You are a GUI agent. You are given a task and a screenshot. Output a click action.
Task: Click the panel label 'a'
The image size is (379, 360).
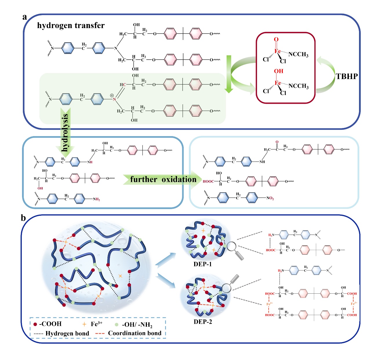25,17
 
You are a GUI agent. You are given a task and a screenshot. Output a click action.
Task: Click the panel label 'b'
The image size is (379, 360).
23,218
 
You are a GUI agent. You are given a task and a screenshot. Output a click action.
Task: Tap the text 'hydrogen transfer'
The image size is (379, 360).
71,25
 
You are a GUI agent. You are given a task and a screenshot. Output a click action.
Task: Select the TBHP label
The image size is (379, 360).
347,76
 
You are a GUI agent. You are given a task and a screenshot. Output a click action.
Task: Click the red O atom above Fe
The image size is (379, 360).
276,39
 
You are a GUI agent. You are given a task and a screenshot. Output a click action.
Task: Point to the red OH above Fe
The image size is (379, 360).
278,71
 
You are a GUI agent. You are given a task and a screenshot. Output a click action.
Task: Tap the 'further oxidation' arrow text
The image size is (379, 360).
163,180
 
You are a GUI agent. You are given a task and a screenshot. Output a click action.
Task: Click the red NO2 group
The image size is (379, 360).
270,198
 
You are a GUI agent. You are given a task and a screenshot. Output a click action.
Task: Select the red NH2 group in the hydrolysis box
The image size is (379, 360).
96,199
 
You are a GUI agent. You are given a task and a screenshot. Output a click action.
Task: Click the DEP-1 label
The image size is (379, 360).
203,264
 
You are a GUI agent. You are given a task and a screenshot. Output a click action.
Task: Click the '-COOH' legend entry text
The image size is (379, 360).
50,324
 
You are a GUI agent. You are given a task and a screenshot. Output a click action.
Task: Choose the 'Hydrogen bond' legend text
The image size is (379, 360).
67,333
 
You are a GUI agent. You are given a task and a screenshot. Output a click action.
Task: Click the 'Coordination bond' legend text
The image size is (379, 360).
135,333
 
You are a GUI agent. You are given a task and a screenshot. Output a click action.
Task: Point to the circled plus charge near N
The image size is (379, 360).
112,95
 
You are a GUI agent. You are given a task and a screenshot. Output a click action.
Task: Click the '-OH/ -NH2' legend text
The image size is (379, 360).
137,325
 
